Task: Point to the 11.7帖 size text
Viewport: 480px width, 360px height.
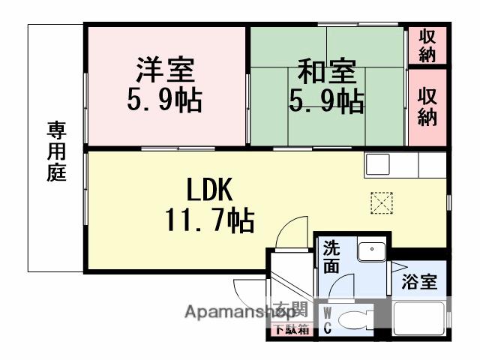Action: point(208,220)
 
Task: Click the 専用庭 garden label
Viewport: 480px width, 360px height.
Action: point(57,151)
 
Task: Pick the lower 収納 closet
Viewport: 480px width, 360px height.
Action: point(427,106)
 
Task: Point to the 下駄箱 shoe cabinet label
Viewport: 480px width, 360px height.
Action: point(289,328)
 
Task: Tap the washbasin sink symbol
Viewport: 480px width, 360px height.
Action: point(370,251)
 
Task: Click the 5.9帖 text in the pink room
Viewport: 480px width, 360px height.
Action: point(166,99)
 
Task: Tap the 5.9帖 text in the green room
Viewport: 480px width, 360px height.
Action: point(327,100)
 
